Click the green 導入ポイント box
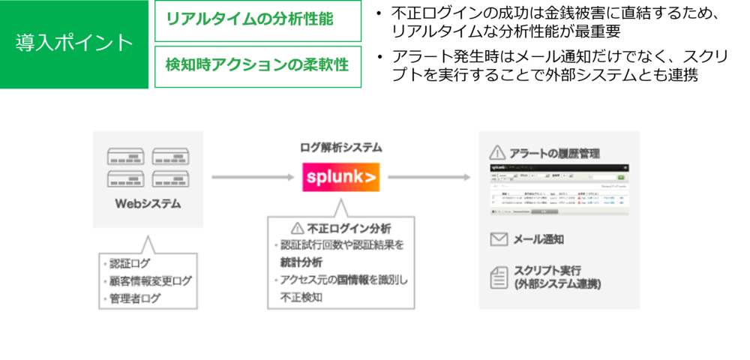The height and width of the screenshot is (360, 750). pos(74,43)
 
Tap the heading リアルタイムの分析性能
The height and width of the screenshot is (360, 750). pos(250,20)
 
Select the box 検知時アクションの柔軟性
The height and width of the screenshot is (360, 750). pos(257,66)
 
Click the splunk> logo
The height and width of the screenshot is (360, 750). pos(340,178)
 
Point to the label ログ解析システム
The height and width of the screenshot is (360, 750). pos(340,148)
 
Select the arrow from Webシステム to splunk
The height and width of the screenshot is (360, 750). pos(252,178)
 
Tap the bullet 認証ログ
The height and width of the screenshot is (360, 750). pos(129,264)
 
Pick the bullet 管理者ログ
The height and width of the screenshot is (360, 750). pos(134,298)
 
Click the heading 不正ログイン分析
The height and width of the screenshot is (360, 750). pos(349,228)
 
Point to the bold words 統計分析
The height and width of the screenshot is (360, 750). pos(301,262)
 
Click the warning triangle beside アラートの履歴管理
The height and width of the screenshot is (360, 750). pos(497,153)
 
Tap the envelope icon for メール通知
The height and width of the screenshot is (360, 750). pos(499,239)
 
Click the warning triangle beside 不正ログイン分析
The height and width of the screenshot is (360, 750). pos(297,228)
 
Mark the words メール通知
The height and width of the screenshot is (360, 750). pos(538,239)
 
